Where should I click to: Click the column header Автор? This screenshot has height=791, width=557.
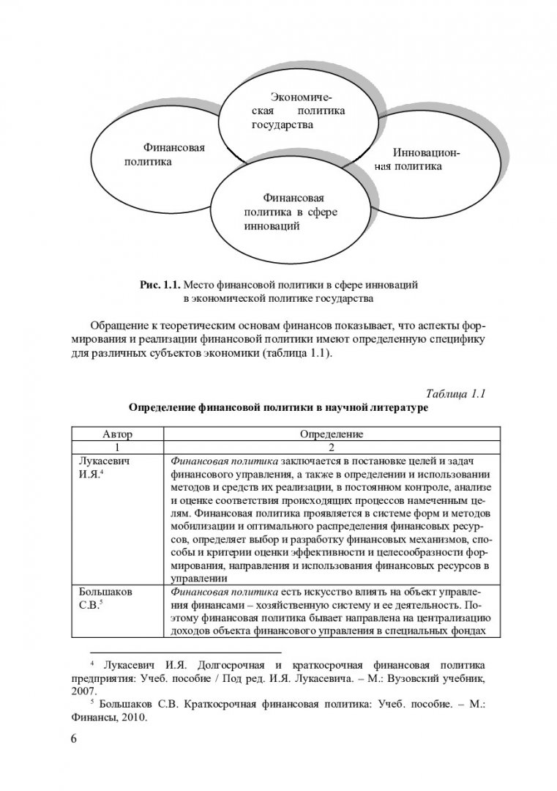(117, 434)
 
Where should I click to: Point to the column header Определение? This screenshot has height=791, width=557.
(332, 434)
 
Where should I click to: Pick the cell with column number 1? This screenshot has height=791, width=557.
(117, 446)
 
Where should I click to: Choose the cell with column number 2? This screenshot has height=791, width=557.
(332, 446)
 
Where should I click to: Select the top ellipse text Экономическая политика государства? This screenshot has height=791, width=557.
(296, 111)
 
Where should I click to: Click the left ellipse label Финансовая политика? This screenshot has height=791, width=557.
(163, 154)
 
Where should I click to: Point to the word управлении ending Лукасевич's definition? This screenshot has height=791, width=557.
(194, 578)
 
